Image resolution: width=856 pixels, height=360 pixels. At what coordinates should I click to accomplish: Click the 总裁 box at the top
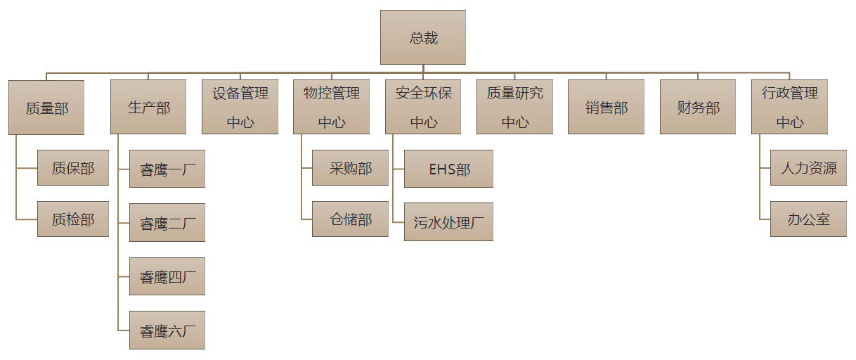pos(423,37)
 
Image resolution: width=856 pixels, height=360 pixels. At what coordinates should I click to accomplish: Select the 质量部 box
pos(46,108)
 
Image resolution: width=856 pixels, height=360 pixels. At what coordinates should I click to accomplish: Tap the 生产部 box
pos(148,108)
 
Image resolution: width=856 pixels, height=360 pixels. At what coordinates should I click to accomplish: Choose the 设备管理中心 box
pos(240,108)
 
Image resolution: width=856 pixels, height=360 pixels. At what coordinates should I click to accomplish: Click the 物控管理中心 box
pos(331,108)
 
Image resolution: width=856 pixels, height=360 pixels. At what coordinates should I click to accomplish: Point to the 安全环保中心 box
pos(423,108)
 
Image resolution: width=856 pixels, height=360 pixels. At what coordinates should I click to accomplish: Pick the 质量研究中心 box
pos(514,108)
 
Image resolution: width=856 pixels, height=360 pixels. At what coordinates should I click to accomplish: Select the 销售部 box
pos(606,108)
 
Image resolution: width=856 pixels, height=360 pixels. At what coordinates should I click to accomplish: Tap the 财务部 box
pos(698,108)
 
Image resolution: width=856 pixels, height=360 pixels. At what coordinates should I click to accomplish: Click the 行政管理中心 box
pos(789,108)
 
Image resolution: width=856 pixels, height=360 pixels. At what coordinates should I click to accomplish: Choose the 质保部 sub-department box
pos(73,167)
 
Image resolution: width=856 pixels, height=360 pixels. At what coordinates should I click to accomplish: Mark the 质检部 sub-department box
pos(73,219)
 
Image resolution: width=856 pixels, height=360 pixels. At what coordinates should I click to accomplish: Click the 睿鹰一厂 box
pos(167,169)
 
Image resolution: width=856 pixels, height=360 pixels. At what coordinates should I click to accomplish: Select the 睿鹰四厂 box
pos(167,276)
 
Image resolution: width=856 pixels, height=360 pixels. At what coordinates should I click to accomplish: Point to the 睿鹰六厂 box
pos(167,330)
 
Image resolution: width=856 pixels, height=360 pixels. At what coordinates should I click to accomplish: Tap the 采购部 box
pos(350,167)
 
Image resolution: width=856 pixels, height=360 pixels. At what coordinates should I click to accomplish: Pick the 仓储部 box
pos(350,219)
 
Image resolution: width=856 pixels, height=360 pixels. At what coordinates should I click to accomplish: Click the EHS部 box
pos(448,169)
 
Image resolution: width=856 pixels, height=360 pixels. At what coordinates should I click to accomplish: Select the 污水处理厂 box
pos(448,222)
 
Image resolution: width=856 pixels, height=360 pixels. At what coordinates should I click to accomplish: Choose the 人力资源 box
pos(808,167)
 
